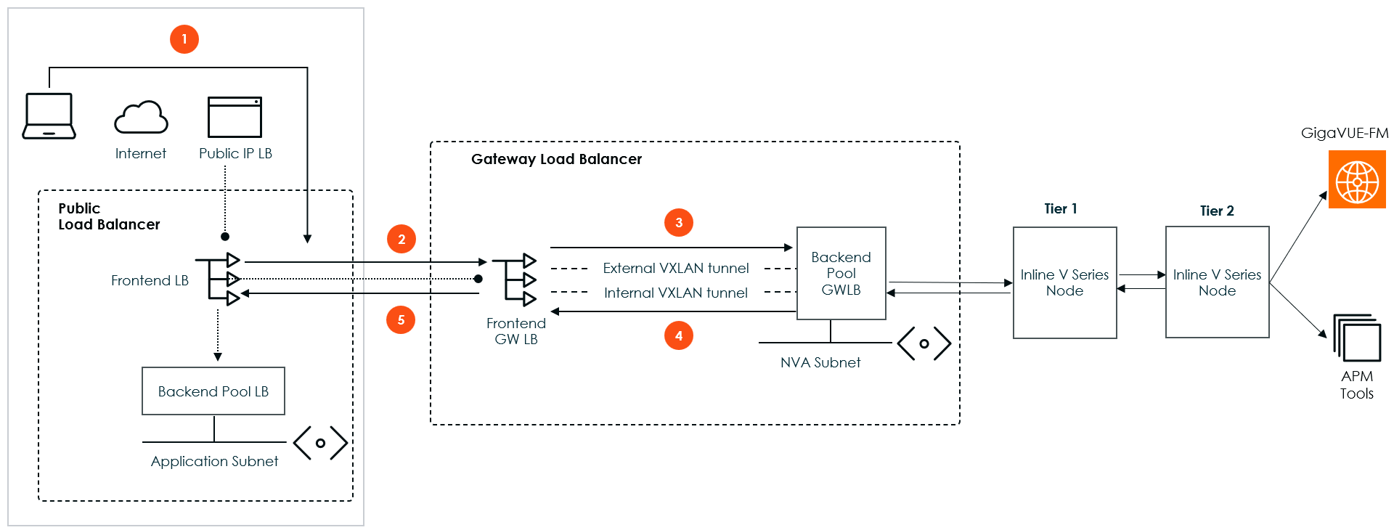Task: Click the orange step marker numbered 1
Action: (184, 39)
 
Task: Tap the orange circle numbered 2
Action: (402, 239)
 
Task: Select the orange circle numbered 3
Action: (679, 222)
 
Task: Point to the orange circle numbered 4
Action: (679, 335)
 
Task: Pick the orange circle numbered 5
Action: (401, 319)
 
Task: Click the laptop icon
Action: (49, 116)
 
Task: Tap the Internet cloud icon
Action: (141, 118)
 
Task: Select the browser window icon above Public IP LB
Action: (235, 117)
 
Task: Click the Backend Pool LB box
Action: (213, 391)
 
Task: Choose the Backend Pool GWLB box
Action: (841, 274)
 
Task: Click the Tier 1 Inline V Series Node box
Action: (1064, 282)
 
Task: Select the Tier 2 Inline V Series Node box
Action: (1217, 282)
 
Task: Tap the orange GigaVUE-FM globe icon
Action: (1357, 179)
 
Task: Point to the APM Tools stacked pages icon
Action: (1357, 338)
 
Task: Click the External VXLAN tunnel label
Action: (676, 268)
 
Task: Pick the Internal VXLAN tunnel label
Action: (676, 293)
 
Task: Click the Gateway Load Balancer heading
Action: (556, 159)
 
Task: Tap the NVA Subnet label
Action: (820, 362)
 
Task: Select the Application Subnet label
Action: (214, 461)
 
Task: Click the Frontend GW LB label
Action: (516, 331)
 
